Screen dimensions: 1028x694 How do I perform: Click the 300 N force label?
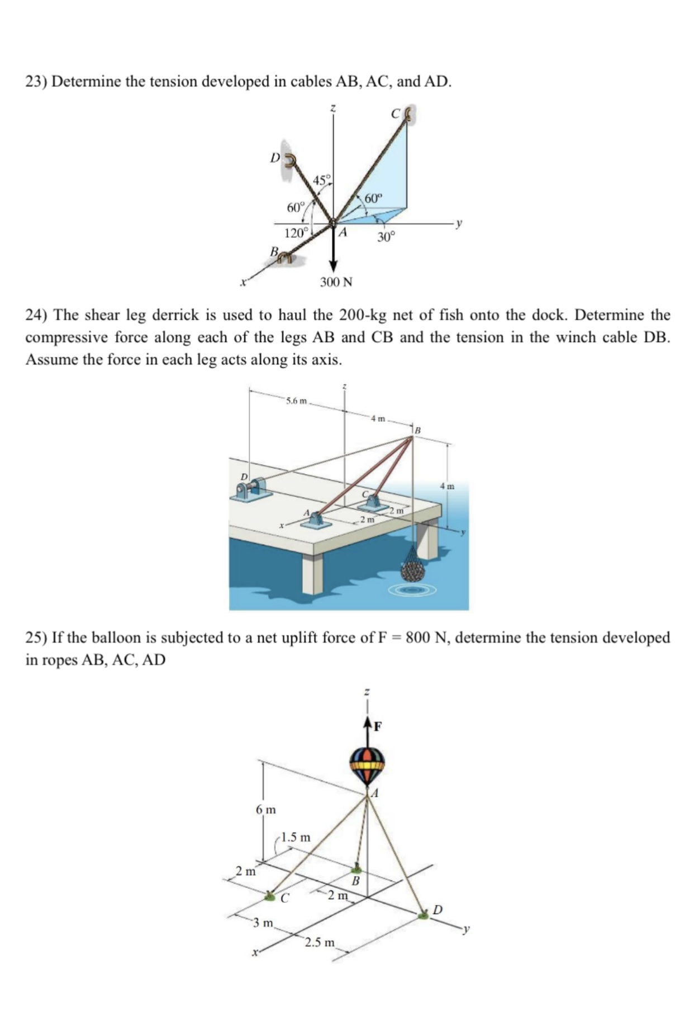336,282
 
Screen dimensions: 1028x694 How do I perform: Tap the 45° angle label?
322,180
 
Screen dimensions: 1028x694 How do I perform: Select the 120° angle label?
296,234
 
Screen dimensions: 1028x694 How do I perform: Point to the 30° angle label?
386,237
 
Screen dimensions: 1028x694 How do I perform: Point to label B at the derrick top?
417,430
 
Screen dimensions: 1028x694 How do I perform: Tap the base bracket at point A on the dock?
315,522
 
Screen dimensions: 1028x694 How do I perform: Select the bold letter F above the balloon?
378,726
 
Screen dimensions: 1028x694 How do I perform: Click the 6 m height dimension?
265,810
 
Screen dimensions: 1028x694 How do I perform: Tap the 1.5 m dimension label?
296,837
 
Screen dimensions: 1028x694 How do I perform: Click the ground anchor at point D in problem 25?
424,915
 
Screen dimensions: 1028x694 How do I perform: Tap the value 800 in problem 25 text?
416,637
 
